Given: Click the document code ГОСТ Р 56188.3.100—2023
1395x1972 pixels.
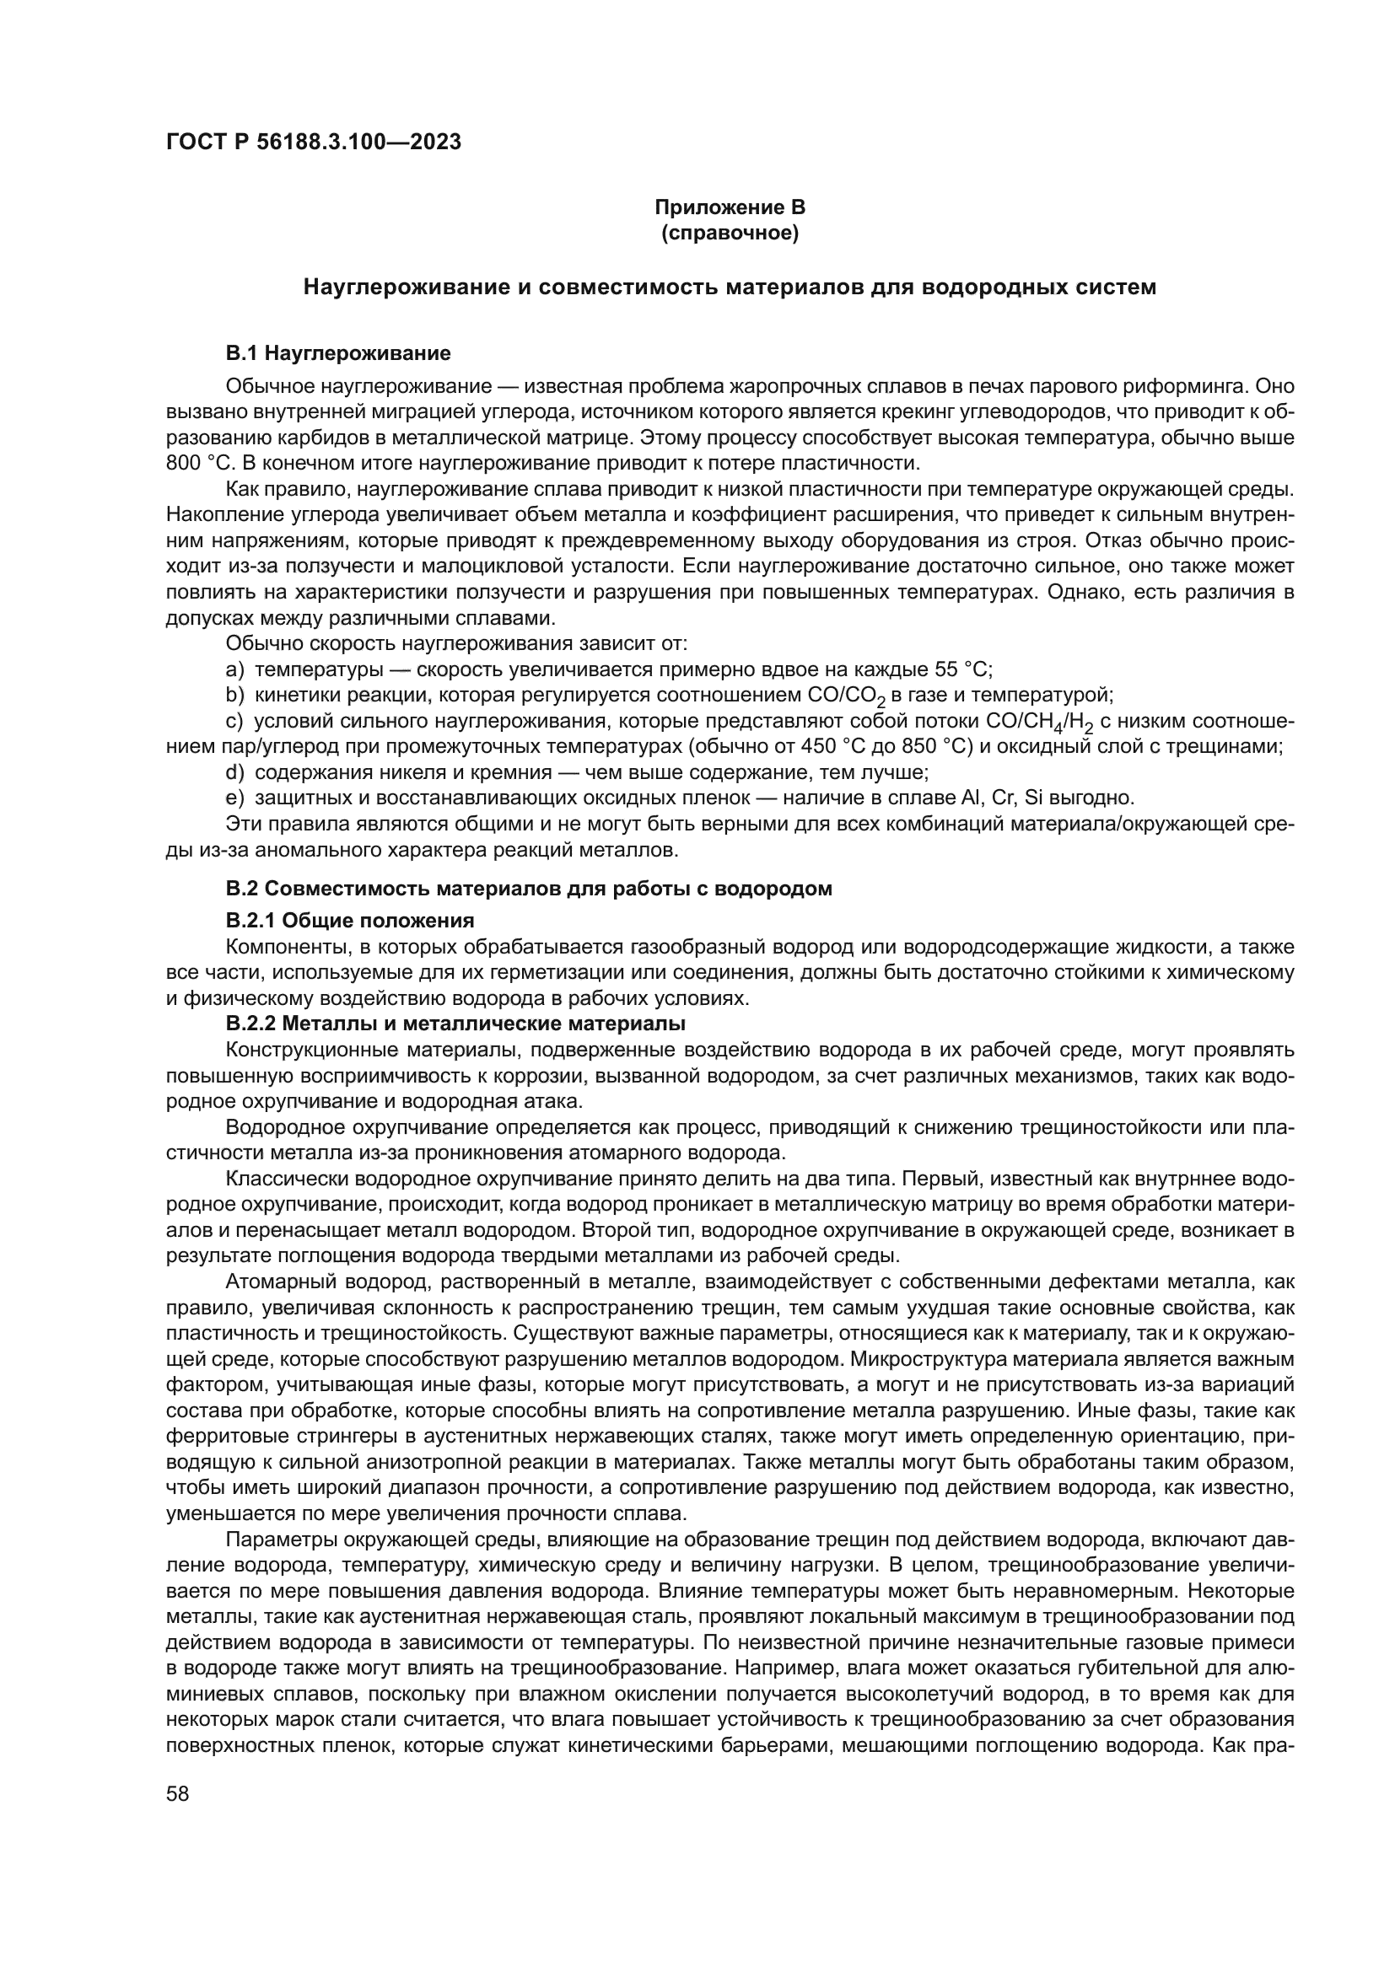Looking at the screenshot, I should pos(314,142).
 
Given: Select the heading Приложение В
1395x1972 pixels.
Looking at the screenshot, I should pos(730,207).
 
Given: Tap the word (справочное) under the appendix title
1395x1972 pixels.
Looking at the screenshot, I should pos(730,233).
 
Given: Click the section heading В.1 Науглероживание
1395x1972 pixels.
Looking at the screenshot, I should pos(337,353).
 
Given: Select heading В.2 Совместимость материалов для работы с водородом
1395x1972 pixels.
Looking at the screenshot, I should pos(528,889).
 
